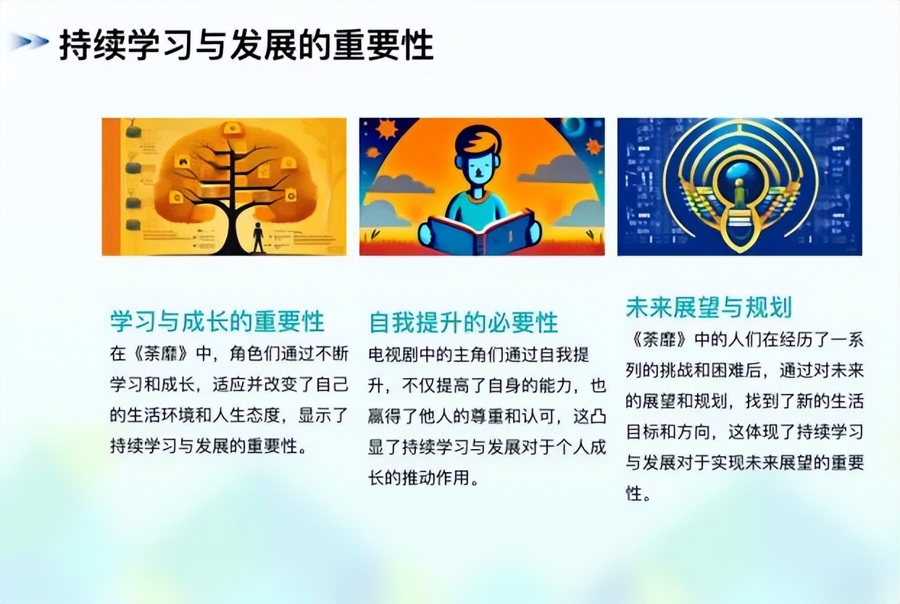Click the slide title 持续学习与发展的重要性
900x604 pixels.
(x=246, y=45)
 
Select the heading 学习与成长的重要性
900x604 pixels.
(x=217, y=321)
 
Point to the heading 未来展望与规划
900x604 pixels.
(x=708, y=307)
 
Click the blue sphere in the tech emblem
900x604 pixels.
(x=738, y=172)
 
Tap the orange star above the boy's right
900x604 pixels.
(x=594, y=146)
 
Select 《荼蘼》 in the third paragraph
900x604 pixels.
(x=659, y=340)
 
